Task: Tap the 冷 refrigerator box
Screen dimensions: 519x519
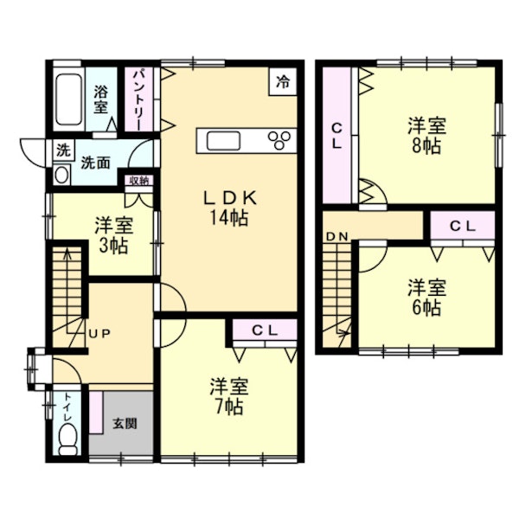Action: pos(283,82)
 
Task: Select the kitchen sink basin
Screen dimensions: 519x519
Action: pos(223,141)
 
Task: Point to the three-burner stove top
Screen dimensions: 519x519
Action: pos(279,141)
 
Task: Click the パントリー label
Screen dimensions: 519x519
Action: pos(138,99)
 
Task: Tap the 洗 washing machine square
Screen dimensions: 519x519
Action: pos(63,151)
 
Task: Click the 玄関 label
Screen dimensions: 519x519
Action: pos(125,424)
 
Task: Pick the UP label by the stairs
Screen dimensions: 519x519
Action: pos(99,334)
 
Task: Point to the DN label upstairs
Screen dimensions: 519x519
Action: pos(337,236)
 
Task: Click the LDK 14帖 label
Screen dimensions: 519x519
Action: pos(229,208)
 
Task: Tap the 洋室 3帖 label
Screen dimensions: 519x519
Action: pos(114,235)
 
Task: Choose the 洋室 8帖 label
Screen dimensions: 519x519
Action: pos(426,135)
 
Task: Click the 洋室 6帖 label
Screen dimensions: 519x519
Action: pos(426,298)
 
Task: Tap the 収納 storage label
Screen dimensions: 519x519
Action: pos(139,181)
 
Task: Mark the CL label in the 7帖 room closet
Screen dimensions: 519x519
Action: pos(265,330)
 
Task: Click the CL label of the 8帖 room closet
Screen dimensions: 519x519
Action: pos(336,136)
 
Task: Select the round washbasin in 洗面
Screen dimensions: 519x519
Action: pos(62,175)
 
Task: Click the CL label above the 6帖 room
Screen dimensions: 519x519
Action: pos(463,226)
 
